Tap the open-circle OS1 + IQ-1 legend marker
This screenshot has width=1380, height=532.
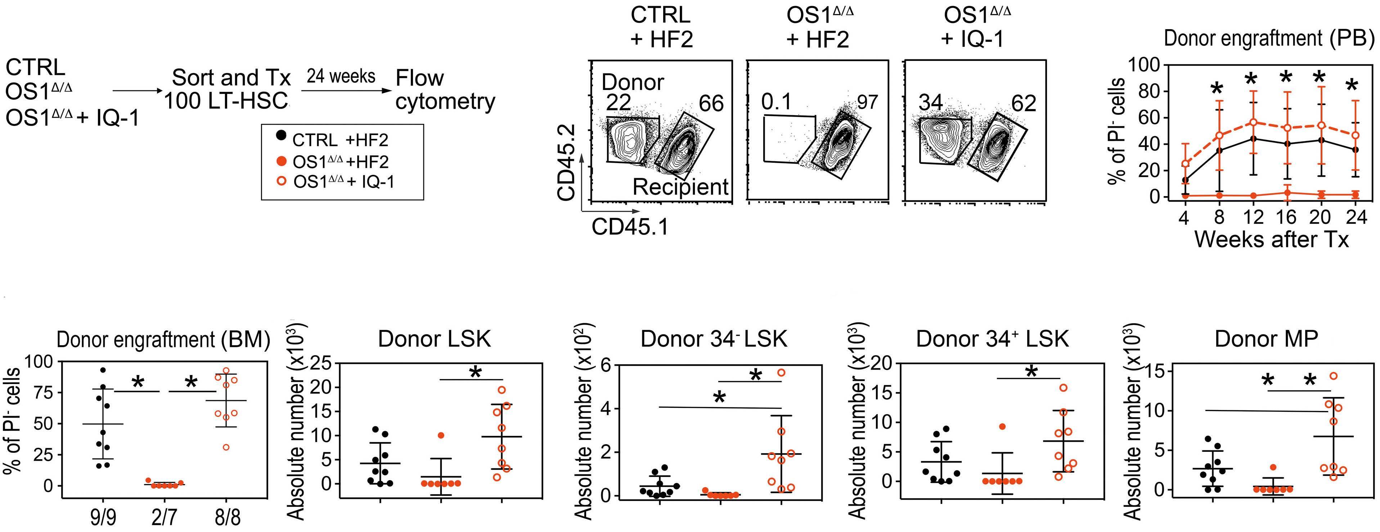click(280, 182)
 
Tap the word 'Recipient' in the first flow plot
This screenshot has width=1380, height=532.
click(680, 187)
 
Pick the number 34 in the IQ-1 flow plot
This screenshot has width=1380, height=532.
click(931, 102)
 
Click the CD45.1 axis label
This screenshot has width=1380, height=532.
click(630, 227)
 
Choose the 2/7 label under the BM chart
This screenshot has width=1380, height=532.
click(164, 518)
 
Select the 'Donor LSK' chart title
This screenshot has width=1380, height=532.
click(434, 339)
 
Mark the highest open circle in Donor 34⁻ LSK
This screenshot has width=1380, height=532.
click(782, 372)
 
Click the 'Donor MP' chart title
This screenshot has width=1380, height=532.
click(1266, 339)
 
